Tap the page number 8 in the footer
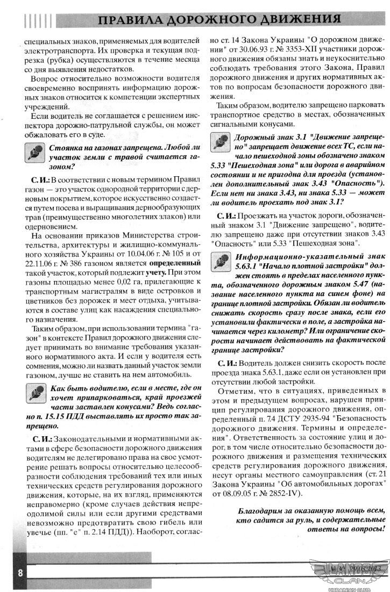point(20,573)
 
